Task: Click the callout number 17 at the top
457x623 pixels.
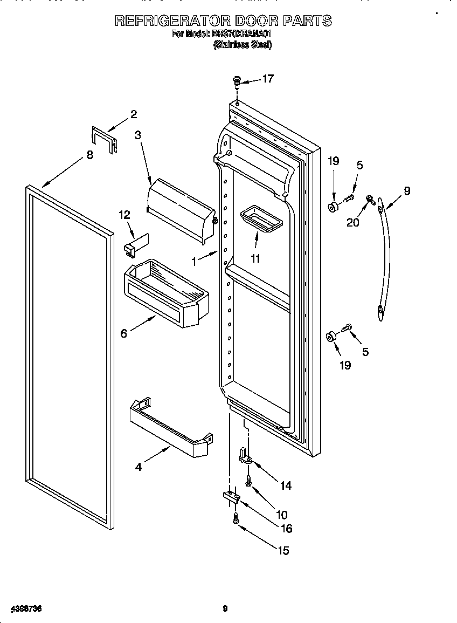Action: [268, 79]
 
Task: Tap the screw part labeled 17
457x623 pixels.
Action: [237, 81]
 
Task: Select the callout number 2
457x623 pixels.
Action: [134, 114]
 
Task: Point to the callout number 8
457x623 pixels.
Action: [89, 155]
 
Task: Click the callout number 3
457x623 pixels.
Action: [138, 135]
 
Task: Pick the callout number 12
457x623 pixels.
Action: [124, 214]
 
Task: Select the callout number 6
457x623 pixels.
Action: [124, 333]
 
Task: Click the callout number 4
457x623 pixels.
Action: [139, 467]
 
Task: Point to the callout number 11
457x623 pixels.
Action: [255, 258]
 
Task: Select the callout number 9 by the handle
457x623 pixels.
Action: [407, 190]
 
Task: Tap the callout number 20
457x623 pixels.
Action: [353, 222]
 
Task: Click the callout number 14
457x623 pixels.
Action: [286, 485]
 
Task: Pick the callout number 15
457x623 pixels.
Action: [283, 550]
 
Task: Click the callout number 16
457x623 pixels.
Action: [286, 529]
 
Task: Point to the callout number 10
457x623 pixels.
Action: [281, 515]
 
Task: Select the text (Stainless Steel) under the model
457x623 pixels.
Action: [243, 45]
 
